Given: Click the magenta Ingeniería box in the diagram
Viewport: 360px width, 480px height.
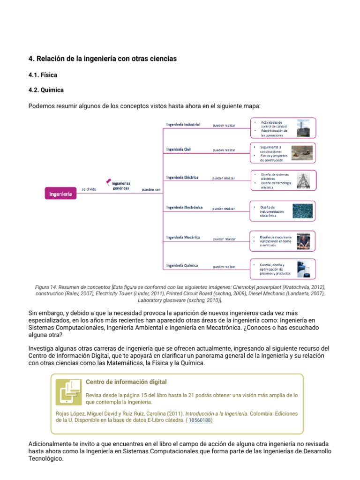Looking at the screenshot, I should tap(60, 194).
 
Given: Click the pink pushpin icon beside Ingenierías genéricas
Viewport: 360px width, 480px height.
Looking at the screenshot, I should tap(109, 180).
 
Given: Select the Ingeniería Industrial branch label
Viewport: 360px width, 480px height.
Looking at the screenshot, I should tap(183, 125).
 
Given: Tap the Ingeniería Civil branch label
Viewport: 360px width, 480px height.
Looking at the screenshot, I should tap(179, 150).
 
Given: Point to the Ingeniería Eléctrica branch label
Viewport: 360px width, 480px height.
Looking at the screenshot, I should tap(182, 178).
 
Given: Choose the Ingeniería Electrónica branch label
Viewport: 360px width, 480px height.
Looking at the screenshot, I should tap(184, 207).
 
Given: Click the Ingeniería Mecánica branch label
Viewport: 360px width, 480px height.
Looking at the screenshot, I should tap(183, 237).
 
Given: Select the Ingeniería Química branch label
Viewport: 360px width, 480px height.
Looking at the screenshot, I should tap(182, 265).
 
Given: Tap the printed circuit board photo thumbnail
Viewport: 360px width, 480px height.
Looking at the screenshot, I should tap(302, 210).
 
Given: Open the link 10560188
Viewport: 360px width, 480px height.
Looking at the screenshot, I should tap(200, 420).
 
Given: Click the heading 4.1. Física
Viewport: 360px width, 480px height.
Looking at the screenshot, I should tap(43, 75).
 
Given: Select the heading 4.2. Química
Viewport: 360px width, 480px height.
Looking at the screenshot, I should tap(46, 90).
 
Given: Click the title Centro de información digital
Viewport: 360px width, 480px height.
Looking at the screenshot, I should tap(126, 382).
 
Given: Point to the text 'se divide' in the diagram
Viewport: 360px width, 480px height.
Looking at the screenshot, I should tap(89, 190).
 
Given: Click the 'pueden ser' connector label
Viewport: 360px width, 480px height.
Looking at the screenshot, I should tap(151, 190).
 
